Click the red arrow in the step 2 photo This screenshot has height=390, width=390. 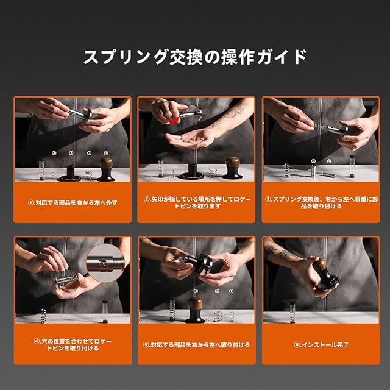coord(174,121)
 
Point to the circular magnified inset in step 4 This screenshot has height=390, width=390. coord(105,263)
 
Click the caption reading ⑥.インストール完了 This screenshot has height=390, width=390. coord(321,345)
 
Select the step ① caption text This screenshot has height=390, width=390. coord(73,203)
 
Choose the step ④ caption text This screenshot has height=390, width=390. coord(73,345)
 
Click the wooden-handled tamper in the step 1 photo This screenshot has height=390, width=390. coord(106,169)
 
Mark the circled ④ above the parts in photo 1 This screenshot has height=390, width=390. coord(54,153)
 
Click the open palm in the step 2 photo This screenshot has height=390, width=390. coord(189,140)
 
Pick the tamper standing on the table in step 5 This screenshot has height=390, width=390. coord(195,310)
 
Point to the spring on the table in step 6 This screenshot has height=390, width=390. coord(292,312)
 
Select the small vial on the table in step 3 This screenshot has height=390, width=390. coord(352,166)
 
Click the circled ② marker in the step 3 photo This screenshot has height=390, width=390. coord(313,161)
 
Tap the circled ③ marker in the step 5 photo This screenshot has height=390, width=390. coord(196,291)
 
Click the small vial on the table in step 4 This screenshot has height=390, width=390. coord(105,311)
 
